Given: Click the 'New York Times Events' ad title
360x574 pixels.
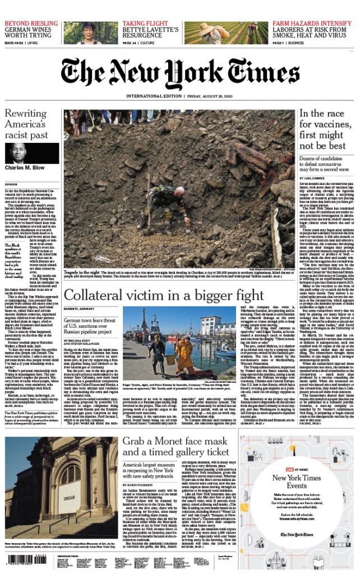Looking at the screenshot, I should pyautogui.click(x=312, y=482).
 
